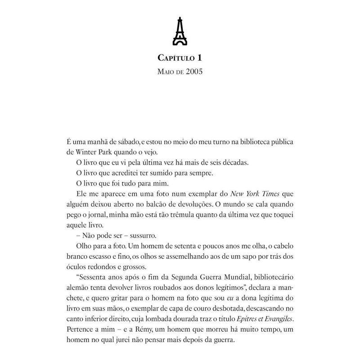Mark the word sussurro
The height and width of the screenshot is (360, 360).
[134, 236]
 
